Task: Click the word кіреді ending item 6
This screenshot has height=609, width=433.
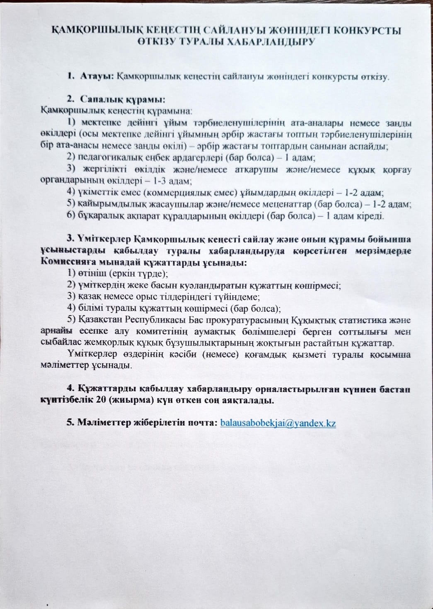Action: [372, 216]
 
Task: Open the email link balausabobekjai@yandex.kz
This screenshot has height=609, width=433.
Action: [278, 423]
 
